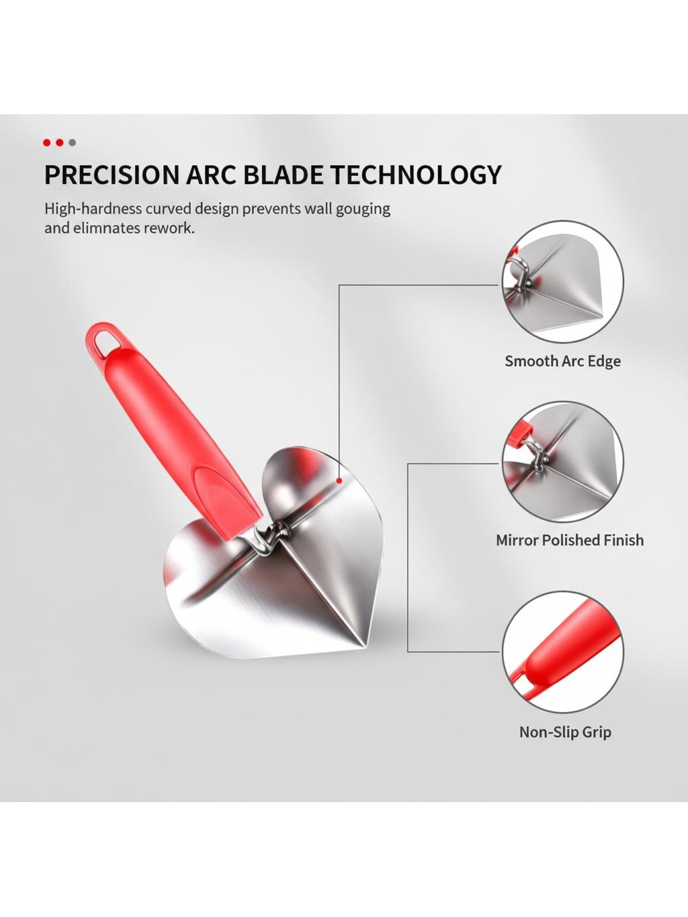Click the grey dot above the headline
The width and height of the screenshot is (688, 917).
pos(73,143)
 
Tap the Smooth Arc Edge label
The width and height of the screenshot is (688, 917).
pos(562,361)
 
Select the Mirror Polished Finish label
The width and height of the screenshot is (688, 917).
pos(569,539)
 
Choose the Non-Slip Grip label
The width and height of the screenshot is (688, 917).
pos(565,732)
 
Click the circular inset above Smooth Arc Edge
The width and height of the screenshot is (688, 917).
pos(562,282)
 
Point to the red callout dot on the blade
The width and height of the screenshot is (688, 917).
pos(339,480)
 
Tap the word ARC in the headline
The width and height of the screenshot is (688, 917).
pos(212,175)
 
